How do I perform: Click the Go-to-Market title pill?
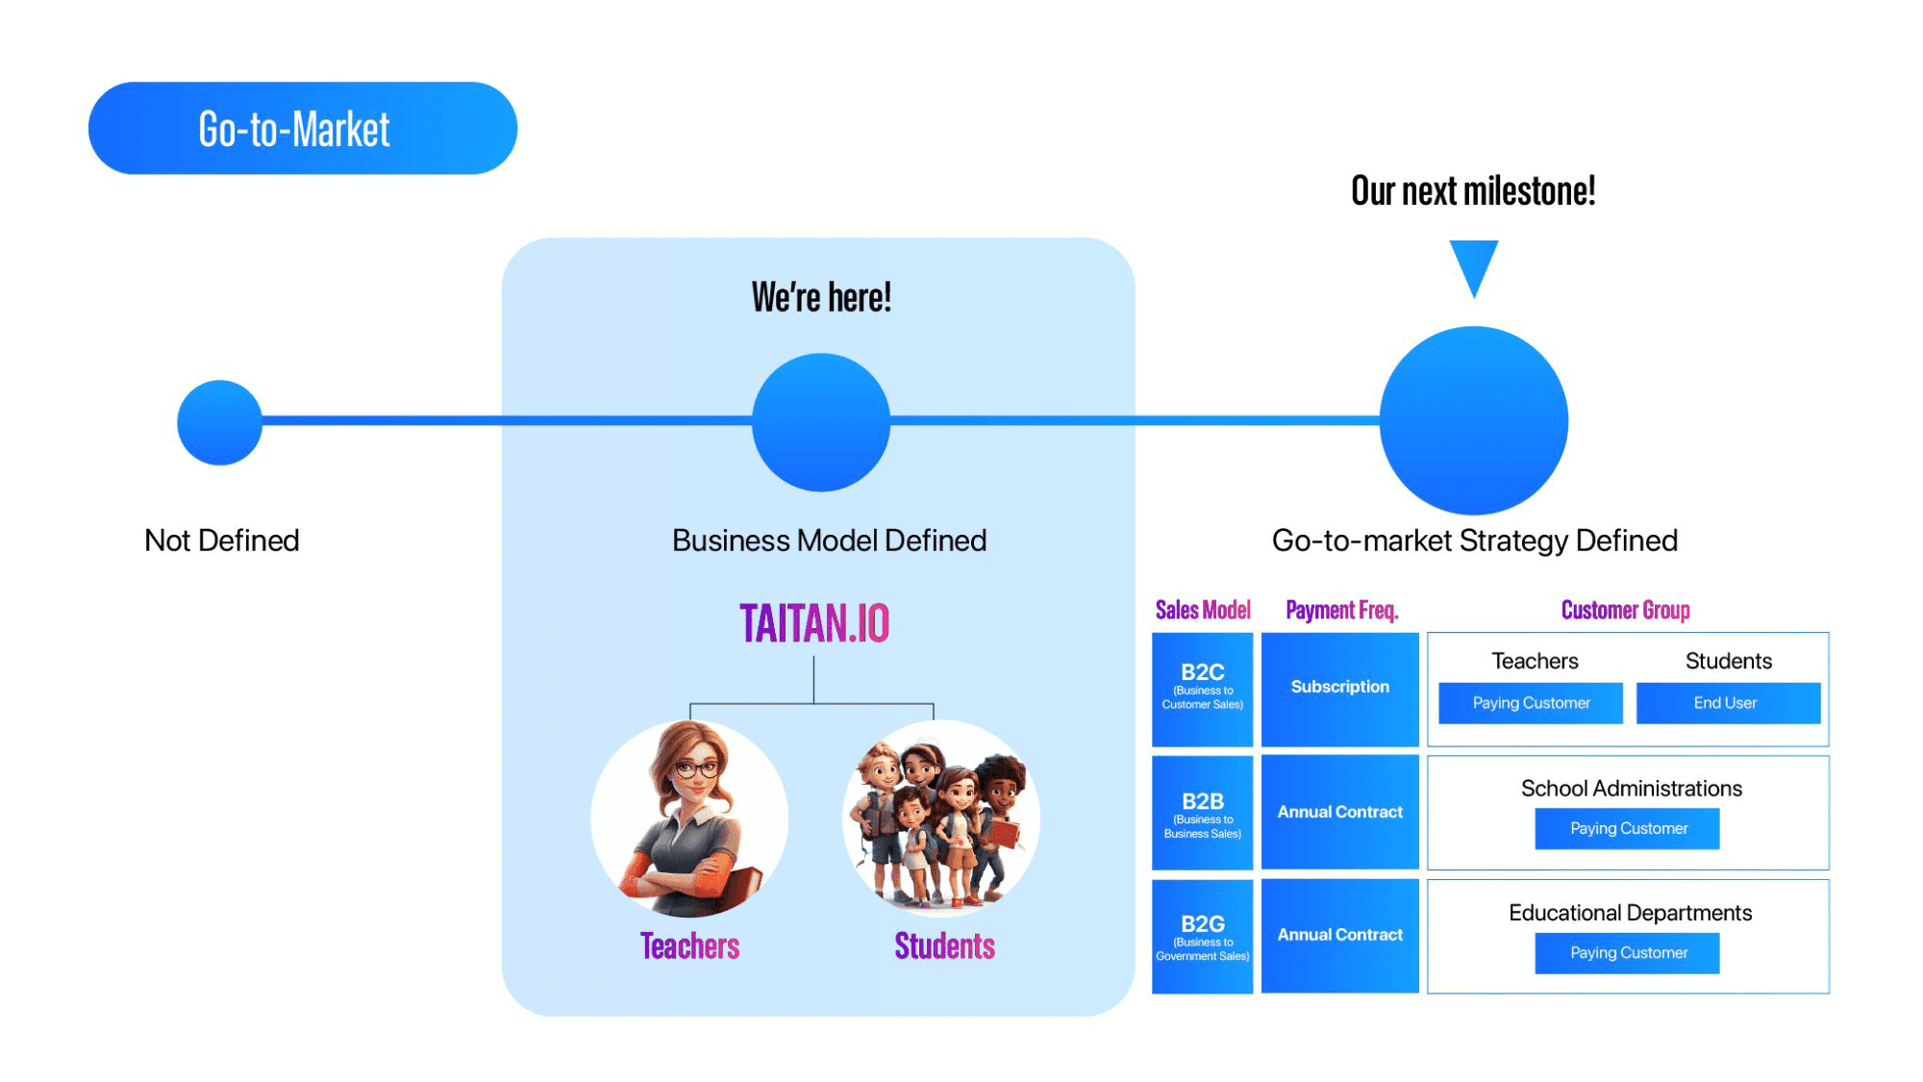tap(302, 128)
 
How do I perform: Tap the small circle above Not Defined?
tap(219, 422)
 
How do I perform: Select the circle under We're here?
tap(820, 422)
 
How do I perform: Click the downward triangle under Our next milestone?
tap(1473, 265)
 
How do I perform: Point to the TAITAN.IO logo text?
tap(814, 623)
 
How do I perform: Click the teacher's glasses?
tap(697, 768)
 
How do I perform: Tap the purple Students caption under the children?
tap(944, 946)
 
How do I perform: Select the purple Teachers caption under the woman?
tap(689, 946)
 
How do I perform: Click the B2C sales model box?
tap(1202, 689)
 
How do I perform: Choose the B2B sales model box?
tap(1202, 813)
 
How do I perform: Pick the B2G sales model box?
tap(1202, 936)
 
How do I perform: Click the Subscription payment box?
tap(1339, 689)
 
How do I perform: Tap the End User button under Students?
tap(1727, 703)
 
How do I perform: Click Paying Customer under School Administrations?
tap(1627, 828)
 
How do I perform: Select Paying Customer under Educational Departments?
tap(1627, 953)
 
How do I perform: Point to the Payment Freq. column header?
tap(1341, 610)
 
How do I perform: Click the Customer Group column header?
tap(1625, 610)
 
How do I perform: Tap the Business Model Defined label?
tap(829, 541)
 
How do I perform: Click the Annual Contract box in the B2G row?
tap(1339, 936)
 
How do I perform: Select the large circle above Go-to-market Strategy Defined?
tap(1473, 420)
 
